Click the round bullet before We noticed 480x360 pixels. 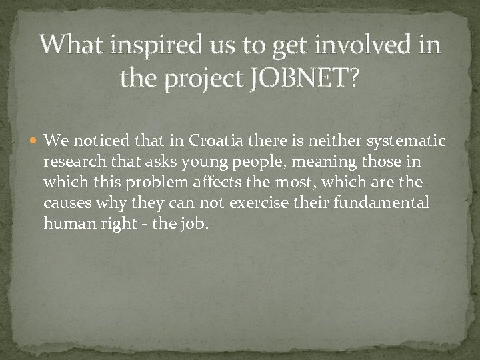(35, 141)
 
